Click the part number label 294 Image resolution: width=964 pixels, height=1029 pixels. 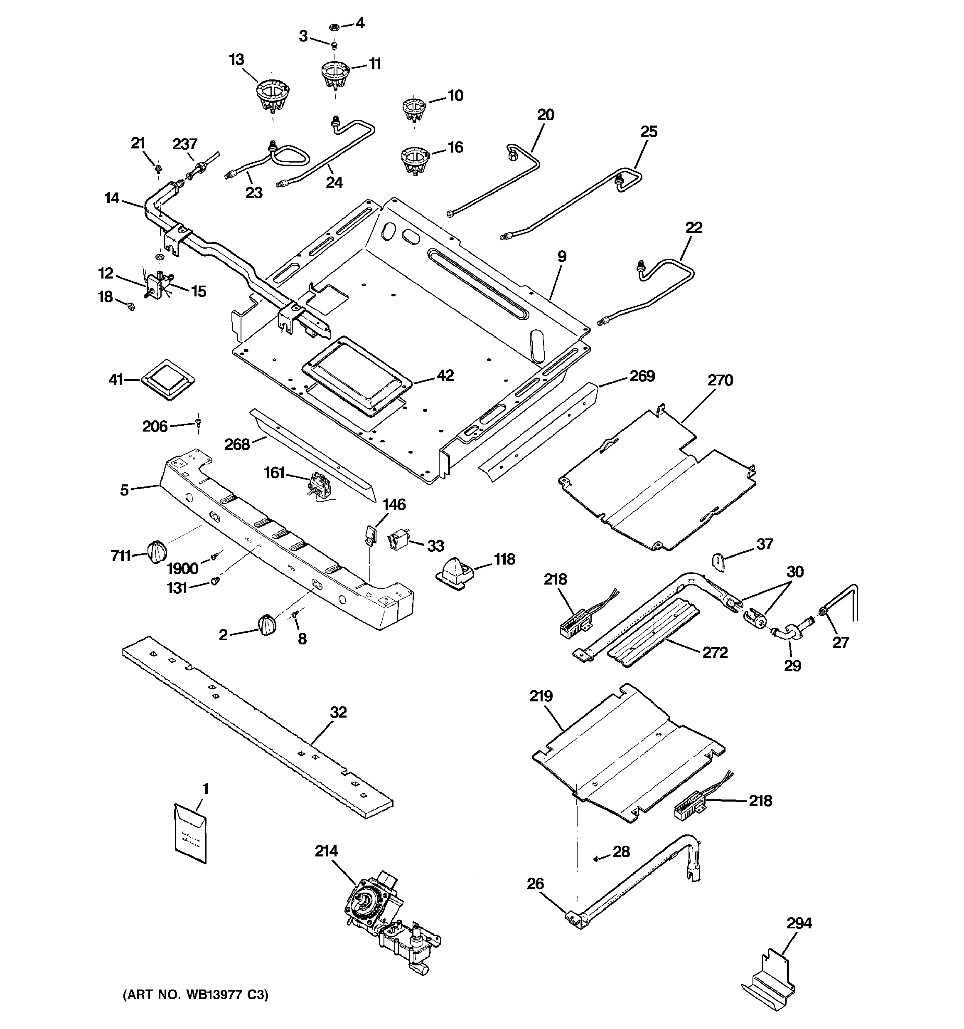click(x=799, y=923)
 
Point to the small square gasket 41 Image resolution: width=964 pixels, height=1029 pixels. click(x=167, y=380)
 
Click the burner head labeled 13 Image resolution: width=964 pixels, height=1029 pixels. click(x=272, y=95)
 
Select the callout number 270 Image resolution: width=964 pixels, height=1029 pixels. click(x=720, y=380)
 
